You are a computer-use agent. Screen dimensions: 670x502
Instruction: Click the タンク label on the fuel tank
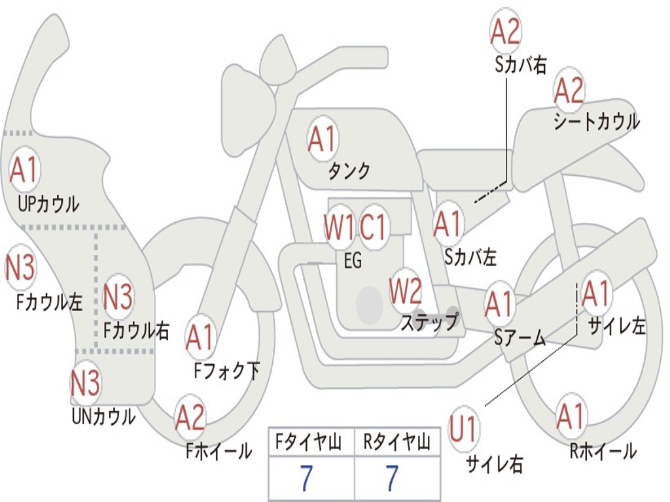pos(349,171)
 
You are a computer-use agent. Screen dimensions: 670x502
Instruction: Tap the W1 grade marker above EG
pos(339,227)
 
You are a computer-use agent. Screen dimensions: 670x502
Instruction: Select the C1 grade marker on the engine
pos(372,226)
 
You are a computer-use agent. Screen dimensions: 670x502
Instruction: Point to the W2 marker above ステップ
pos(405,291)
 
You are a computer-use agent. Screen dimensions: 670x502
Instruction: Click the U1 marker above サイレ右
pos(463,428)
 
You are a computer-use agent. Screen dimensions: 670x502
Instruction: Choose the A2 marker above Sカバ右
pos(506,31)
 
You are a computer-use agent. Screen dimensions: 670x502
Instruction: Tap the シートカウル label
pos(597,121)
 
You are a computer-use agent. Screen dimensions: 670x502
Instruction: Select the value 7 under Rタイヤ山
pos(393,478)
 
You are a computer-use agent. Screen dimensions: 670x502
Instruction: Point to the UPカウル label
pos(48,204)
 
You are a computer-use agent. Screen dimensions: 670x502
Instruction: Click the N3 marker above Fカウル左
pos(20,267)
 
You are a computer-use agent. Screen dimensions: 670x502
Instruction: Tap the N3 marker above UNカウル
pos(86,382)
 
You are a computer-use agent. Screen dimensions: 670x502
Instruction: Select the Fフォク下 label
pos(227,371)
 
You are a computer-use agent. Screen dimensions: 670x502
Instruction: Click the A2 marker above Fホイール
pos(190,417)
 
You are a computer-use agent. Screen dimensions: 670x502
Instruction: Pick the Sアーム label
pos(520,338)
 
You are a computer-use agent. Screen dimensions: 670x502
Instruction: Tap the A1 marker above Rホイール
pos(571,416)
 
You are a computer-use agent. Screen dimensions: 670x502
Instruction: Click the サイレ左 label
pos(617,327)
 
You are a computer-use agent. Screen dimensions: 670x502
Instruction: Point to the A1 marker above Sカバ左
pos(448,224)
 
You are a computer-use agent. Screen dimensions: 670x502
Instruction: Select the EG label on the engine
pos(353,260)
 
